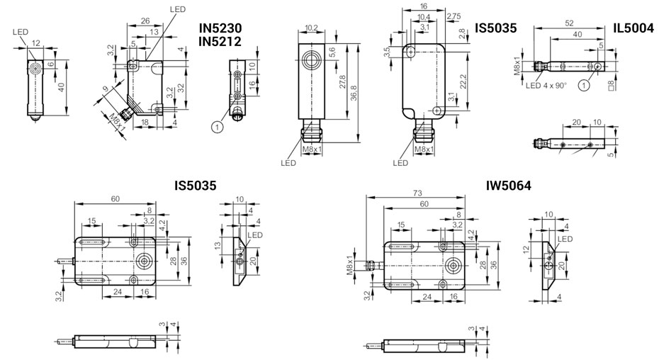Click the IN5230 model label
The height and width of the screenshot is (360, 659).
[220, 28]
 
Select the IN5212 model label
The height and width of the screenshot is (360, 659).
[220, 42]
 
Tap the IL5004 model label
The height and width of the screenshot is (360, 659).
[633, 28]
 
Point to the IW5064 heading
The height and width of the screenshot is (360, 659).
[508, 186]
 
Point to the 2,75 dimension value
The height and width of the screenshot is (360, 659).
[454, 16]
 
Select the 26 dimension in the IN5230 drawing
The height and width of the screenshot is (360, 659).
[145, 20]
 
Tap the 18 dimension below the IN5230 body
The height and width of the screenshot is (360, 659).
[145, 123]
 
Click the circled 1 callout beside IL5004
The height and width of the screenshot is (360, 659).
[583, 85]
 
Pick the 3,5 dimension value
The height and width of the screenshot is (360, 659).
[388, 52]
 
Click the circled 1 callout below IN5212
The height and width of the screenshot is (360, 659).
[218, 126]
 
